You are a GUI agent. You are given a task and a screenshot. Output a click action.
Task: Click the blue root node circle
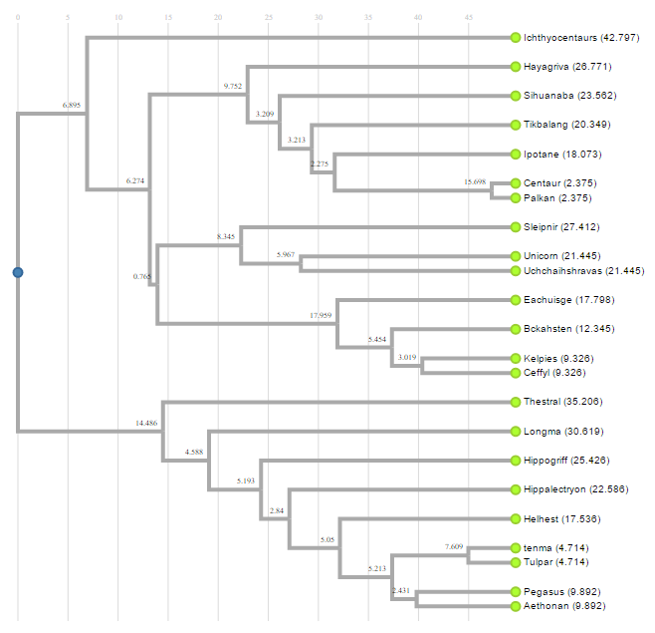coord(17,272)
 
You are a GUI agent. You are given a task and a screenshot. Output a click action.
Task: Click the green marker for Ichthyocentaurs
coord(516,38)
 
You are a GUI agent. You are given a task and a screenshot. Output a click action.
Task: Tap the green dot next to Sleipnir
coord(516,227)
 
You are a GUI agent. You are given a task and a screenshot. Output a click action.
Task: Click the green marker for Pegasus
coord(516,591)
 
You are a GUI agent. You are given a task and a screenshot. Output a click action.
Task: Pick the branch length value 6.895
coord(71,105)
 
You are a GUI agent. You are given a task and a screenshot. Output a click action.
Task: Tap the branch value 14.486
coord(146,424)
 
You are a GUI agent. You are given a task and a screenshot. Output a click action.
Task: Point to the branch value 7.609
coord(454,546)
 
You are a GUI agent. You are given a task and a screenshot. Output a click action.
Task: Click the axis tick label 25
coord(268,18)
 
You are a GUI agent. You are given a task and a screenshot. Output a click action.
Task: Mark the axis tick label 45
coord(468,18)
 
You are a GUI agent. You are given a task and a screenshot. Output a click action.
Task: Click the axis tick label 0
coord(17,18)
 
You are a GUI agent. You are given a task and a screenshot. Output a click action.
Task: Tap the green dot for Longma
coord(516,432)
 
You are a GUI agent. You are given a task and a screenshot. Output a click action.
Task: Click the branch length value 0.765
coord(141,276)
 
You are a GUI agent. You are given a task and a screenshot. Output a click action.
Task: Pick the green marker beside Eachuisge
coord(516,299)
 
